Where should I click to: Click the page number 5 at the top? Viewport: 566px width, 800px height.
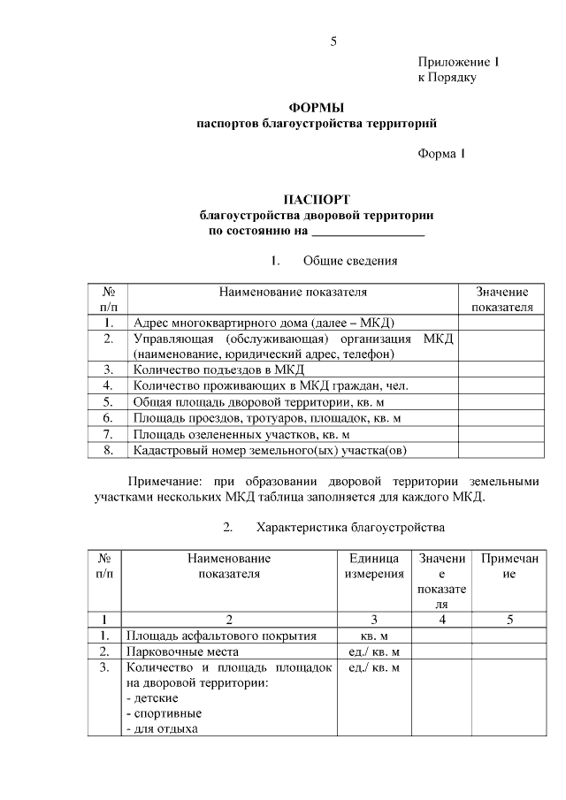(333, 42)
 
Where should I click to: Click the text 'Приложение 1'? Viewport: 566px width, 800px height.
(459, 63)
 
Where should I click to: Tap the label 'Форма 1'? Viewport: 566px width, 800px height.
(441, 155)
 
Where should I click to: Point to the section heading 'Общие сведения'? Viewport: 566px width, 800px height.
(349, 262)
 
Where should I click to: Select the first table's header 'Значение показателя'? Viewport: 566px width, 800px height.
(501, 300)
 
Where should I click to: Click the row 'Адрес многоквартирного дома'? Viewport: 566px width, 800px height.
(263, 323)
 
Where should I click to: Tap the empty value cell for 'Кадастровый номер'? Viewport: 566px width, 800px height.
(501, 450)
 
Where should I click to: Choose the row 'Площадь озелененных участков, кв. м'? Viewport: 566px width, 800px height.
(241, 434)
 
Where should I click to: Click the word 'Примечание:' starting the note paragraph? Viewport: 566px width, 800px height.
(163, 481)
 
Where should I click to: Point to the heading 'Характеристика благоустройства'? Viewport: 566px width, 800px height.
(349, 528)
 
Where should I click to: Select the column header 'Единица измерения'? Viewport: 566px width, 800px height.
(373, 566)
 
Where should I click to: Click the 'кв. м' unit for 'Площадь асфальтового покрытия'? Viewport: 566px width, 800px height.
(373, 636)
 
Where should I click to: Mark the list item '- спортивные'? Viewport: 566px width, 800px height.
(164, 713)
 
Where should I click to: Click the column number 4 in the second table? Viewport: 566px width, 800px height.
(441, 619)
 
